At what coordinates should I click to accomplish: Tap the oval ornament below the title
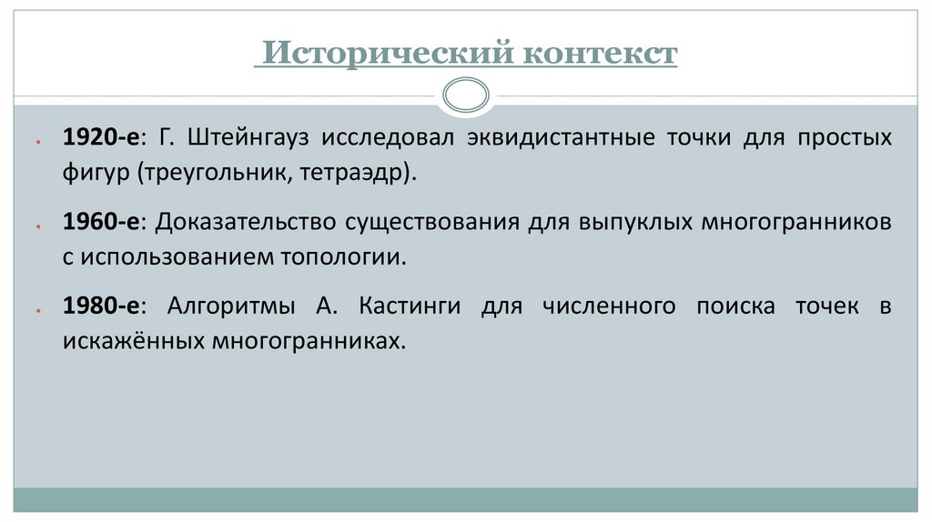click(x=465, y=93)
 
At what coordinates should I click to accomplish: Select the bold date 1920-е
click(x=99, y=138)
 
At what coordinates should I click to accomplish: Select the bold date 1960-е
click(x=99, y=222)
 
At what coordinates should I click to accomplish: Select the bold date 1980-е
click(x=99, y=306)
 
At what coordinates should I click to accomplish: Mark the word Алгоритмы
click(x=231, y=306)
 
